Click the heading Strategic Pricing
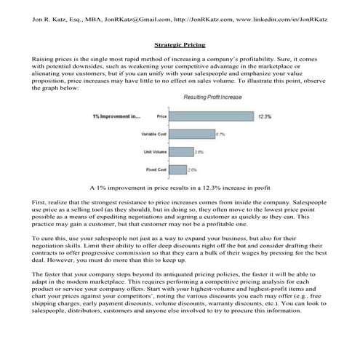[x=180, y=44]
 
